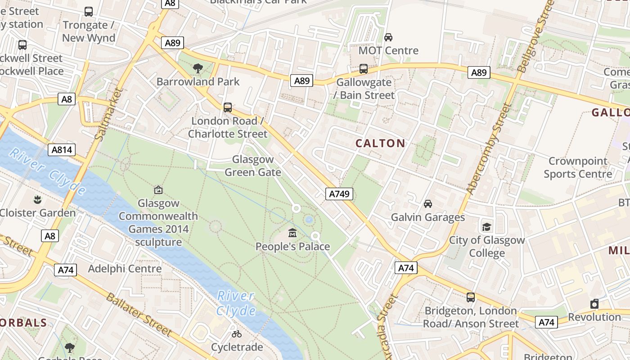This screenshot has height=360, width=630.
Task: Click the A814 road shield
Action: [62, 150]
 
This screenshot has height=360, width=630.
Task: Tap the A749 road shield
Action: [339, 194]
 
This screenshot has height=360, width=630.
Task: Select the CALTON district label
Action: [380, 144]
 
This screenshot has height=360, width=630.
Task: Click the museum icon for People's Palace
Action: [293, 233]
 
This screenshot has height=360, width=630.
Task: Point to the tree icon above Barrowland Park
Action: [198, 68]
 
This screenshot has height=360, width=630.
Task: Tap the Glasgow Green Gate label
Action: [252, 166]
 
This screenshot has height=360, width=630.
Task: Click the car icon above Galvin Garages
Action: [428, 204]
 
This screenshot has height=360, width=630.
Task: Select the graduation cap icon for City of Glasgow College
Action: [486, 226]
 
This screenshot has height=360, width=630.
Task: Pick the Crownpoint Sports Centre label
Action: [578, 167]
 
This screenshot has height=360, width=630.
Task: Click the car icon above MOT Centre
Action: [388, 37]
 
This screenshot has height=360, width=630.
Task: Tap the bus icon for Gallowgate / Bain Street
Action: [364, 69]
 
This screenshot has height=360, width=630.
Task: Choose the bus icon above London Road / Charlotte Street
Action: [228, 108]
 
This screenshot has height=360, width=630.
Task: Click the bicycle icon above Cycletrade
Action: [237, 334]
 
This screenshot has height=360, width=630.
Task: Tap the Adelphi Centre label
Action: [125, 269]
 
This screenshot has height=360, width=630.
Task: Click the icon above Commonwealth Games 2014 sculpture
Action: [158, 190]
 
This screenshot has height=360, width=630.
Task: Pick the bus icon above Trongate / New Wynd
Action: [89, 12]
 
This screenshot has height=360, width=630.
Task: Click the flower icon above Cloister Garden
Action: [37, 199]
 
